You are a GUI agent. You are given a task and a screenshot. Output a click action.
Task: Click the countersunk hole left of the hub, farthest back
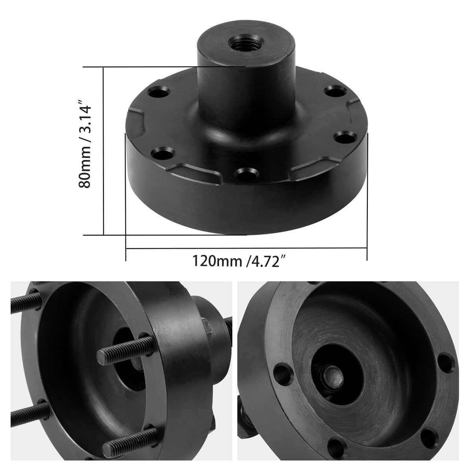pyautogui.click(x=159, y=94)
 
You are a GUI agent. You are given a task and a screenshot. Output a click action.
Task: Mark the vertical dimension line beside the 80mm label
pyautogui.click(x=103, y=151)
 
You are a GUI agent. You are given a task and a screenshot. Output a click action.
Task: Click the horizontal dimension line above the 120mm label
pyautogui.click(x=246, y=249)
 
